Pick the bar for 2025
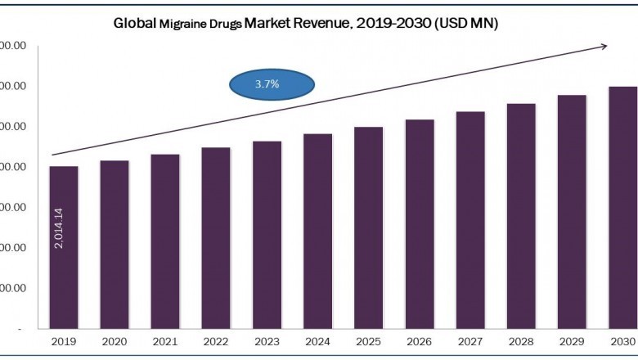[x=368, y=227]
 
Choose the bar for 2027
[x=470, y=220]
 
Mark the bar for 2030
[x=622, y=208]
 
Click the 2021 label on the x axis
[x=165, y=343]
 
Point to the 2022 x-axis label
[x=216, y=343]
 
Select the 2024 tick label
[x=317, y=343]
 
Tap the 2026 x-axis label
[x=420, y=343]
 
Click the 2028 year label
[x=521, y=343]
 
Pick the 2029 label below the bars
[x=572, y=343]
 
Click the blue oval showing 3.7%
[x=272, y=84]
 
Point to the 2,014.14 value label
[x=61, y=228]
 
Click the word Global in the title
[x=133, y=25]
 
